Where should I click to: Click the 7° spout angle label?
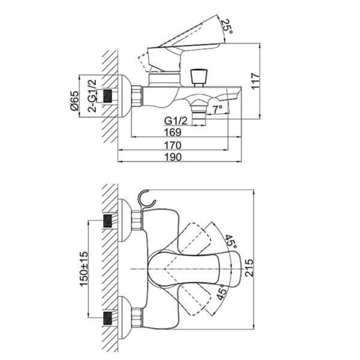point(217,110)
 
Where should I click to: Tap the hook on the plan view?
point(146,199)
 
